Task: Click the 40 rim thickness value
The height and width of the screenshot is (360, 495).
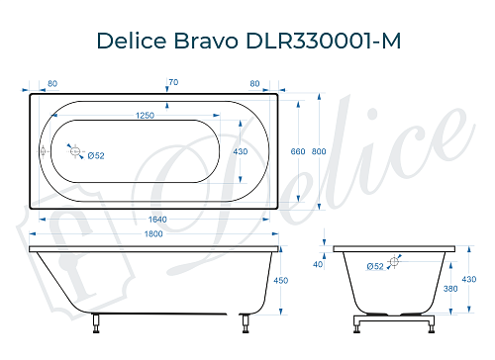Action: coord(317,264)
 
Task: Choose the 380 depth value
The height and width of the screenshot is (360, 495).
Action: coord(451,290)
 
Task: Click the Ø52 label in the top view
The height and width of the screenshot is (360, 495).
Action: coord(97,156)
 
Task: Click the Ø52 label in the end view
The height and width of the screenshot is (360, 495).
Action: coord(375,267)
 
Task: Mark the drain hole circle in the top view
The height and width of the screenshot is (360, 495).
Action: coord(72,150)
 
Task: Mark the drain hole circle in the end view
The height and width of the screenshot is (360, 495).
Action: coord(395,261)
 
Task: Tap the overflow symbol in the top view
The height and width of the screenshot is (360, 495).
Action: coord(43,151)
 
